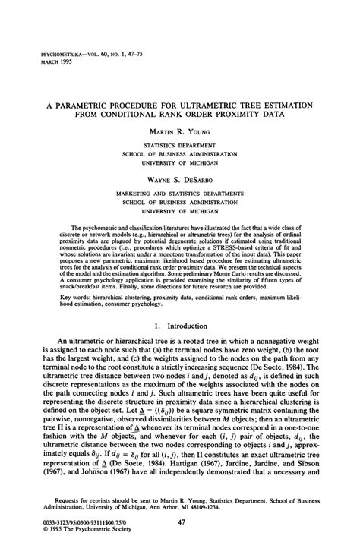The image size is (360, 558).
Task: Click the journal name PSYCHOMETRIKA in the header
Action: pyautogui.click(x=52, y=55)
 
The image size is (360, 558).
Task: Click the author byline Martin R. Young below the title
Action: pyautogui.click(x=180, y=131)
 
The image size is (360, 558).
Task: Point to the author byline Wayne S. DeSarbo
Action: pyautogui.click(x=179, y=181)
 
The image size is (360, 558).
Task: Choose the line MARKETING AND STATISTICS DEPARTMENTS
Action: pyautogui.click(x=180, y=194)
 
